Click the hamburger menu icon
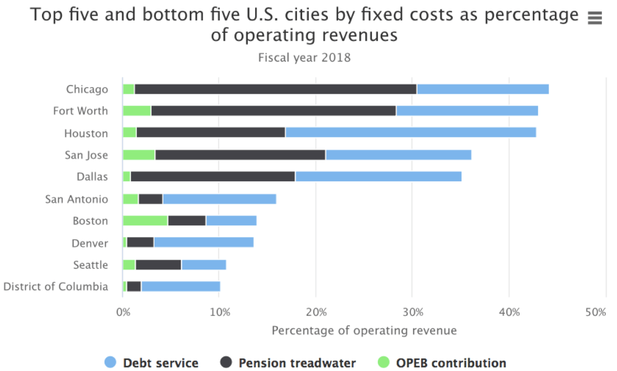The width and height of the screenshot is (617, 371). click(x=595, y=18)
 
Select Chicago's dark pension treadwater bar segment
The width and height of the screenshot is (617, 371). click(x=275, y=89)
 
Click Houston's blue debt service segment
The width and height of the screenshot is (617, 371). click(x=410, y=133)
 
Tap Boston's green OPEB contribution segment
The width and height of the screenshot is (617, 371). click(x=145, y=221)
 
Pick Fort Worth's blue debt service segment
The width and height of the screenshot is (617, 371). click(x=467, y=111)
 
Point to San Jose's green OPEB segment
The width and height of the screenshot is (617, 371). click(x=139, y=155)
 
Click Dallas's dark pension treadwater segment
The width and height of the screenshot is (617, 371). click(x=213, y=176)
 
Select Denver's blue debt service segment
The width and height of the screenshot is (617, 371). click(x=204, y=242)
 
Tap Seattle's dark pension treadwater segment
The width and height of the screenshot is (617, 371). click(x=158, y=265)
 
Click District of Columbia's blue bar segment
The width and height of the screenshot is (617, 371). click(x=181, y=287)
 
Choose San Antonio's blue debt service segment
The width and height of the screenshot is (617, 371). click(x=219, y=199)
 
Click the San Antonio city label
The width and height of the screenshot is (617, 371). click(x=77, y=199)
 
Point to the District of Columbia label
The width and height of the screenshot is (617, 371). click(x=56, y=287)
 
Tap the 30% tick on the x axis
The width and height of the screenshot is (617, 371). click(x=413, y=313)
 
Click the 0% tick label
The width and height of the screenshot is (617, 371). click(x=123, y=313)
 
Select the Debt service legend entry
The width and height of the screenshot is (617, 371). click(x=160, y=363)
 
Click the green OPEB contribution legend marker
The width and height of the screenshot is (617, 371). click(x=383, y=362)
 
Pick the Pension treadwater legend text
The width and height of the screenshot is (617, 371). click(x=297, y=363)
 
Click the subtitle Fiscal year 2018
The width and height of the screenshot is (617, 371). click(x=304, y=58)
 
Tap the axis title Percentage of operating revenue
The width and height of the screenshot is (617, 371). click(x=364, y=330)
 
